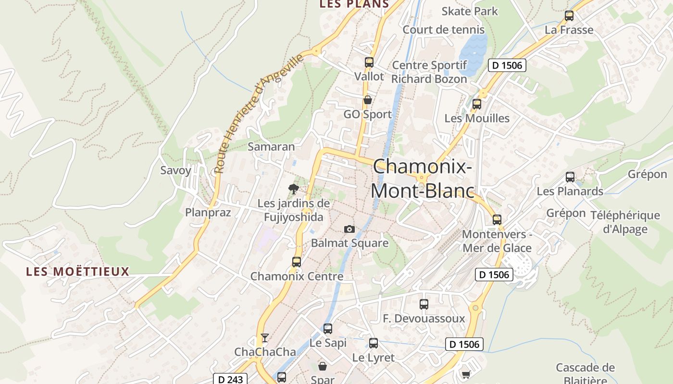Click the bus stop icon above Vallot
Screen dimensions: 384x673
click(x=369, y=62)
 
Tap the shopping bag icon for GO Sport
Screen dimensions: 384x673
click(x=368, y=100)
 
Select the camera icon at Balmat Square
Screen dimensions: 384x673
click(x=349, y=229)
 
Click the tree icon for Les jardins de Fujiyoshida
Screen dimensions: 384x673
click(x=293, y=189)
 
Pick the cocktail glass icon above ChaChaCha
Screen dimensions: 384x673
click(x=264, y=338)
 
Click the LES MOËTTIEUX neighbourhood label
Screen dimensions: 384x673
click(x=78, y=272)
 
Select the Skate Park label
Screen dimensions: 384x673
click(x=470, y=11)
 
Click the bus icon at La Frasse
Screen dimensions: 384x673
click(x=569, y=16)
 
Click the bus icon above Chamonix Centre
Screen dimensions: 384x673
click(x=297, y=262)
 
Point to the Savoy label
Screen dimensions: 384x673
click(x=175, y=170)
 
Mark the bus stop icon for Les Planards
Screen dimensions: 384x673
click(x=570, y=177)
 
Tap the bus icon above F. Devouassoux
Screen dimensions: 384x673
click(x=424, y=304)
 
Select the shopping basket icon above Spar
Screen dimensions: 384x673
click(x=322, y=366)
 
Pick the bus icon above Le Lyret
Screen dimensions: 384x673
click(x=374, y=343)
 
